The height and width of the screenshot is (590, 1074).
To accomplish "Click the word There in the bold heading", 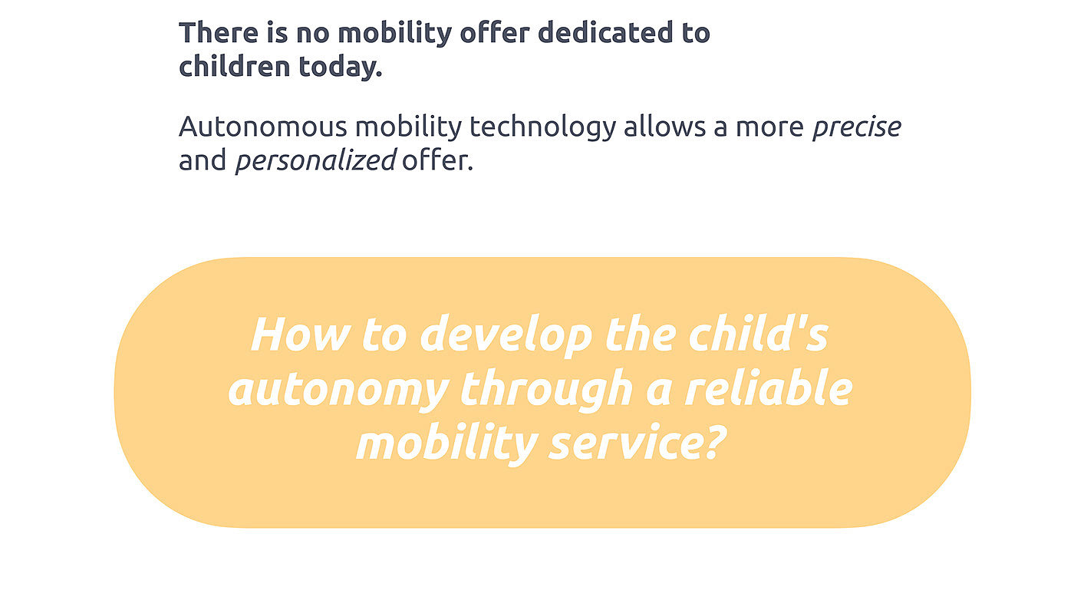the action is point(219,33).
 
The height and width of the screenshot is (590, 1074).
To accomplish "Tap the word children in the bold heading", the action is point(235,66).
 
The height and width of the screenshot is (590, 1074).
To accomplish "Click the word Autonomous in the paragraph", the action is point(262,127).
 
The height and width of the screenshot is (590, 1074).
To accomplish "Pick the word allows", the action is point(664,127).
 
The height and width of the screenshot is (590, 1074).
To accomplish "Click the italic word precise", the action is point(857,127).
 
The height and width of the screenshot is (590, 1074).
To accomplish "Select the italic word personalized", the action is point(315,160).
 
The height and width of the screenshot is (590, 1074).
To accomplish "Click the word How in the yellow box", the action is point(300,335).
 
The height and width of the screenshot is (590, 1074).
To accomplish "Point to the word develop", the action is point(506,336).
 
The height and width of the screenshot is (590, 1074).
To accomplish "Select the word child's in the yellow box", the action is point(759,334).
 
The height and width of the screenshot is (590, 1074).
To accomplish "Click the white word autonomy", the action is point(338,391).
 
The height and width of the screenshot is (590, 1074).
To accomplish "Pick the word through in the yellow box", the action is point(546,390).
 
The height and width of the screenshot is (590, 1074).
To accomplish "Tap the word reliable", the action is point(769,387).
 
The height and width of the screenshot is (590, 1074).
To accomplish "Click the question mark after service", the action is point(713,441).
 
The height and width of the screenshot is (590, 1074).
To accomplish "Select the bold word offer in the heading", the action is point(494,33).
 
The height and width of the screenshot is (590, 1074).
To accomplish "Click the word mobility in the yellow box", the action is point(446,444).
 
